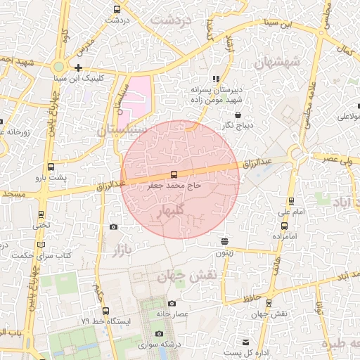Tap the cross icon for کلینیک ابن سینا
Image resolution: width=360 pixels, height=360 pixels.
coord(78,68)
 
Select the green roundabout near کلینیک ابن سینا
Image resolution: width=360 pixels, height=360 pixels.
coord(59,67)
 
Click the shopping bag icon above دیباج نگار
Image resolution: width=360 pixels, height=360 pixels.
coord(238,115)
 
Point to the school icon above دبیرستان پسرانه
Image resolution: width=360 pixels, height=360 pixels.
coord(216,79)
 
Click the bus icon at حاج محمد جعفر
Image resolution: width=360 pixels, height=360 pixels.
coord(174,174)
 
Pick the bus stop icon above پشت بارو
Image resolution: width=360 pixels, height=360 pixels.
coord(51,167)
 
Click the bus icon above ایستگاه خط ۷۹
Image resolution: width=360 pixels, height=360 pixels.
coord(105,311)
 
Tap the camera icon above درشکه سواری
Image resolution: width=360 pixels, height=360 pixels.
coord(159,333)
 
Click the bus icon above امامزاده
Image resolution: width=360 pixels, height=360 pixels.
coord(285,226)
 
